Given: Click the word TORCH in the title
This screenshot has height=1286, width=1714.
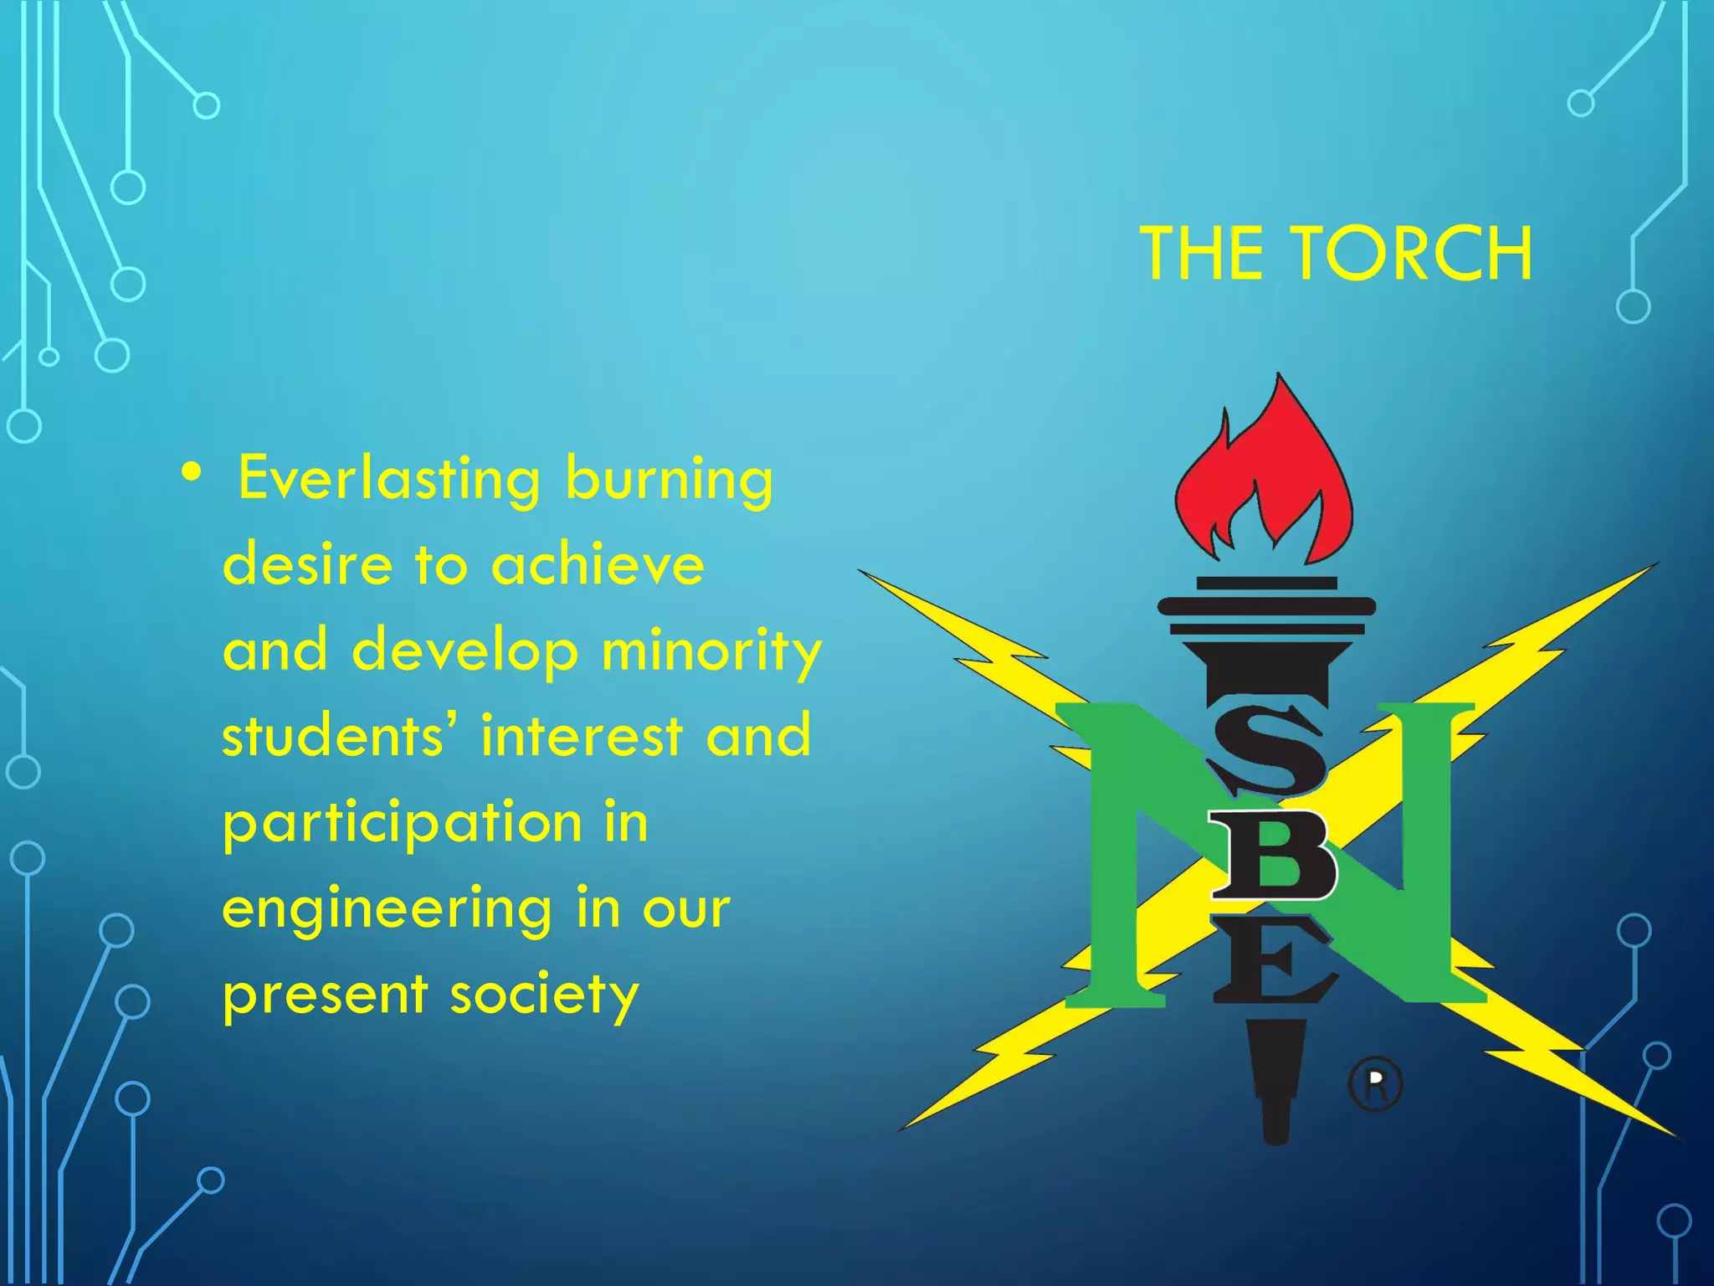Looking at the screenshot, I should pos(1414,253).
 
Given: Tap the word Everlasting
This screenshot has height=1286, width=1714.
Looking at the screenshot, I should pos(389,478).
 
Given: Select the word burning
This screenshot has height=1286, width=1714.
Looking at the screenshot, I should pos(670,481).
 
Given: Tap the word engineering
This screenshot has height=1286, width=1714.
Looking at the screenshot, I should pos(387,911).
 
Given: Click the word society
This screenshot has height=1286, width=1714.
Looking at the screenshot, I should pos(545,996).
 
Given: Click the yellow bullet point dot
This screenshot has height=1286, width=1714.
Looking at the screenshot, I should pos(192,473).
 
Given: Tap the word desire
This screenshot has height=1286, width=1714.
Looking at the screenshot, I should pos(307,564).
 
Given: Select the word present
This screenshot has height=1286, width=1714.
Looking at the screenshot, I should pos(325,996).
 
